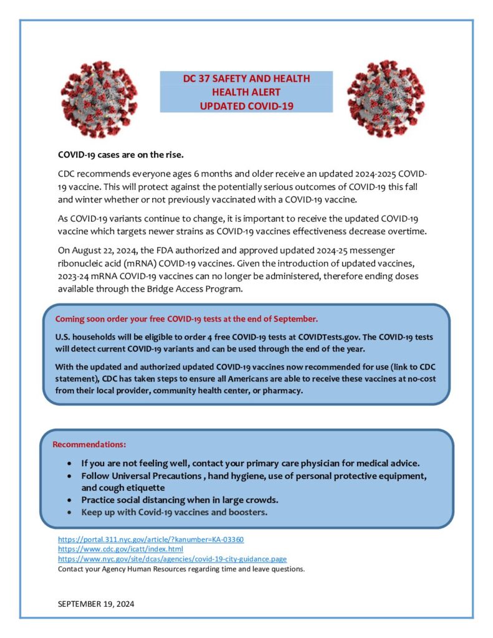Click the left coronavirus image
click(99, 99)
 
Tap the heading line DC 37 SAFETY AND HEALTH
click(246, 79)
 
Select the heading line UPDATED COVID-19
click(246, 106)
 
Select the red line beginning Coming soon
click(186, 318)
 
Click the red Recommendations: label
click(89, 444)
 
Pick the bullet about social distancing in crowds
click(180, 500)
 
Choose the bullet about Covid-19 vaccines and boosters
click(175, 512)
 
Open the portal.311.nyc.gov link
click(150, 539)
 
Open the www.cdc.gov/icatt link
click(120, 549)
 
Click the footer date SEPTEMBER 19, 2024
click(96, 604)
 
